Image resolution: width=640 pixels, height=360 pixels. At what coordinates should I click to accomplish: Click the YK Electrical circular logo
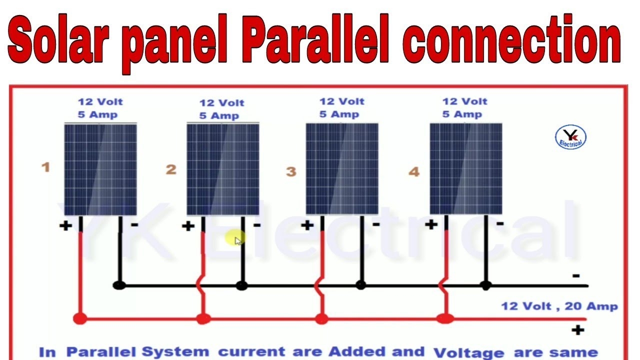(570, 137)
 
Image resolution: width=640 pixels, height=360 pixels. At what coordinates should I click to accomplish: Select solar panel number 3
(342, 169)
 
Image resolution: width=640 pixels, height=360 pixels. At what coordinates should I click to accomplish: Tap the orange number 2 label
(171, 169)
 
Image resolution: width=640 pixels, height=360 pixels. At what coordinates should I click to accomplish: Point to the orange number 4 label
(413, 172)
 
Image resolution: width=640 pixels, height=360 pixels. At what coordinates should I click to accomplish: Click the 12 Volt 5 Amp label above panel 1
(100, 108)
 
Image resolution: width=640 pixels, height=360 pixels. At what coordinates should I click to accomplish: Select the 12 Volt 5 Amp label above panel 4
(464, 108)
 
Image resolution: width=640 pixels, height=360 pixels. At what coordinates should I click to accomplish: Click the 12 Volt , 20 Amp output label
(559, 306)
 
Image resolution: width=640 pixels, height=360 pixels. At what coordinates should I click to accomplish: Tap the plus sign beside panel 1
(65, 226)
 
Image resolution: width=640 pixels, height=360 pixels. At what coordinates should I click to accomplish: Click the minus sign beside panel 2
(257, 225)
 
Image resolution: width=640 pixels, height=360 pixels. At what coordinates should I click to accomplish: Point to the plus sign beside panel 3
(307, 225)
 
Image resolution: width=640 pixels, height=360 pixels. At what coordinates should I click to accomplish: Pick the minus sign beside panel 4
(499, 223)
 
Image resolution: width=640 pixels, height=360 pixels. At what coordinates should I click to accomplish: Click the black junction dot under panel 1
(119, 285)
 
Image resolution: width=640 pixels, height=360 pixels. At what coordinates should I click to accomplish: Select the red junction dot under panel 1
(79, 318)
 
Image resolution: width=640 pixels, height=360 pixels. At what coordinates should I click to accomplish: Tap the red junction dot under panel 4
(444, 318)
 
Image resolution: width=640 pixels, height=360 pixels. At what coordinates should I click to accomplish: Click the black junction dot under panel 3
(360, 285)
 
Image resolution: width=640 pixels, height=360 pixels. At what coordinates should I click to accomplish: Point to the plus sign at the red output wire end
(577, 330)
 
